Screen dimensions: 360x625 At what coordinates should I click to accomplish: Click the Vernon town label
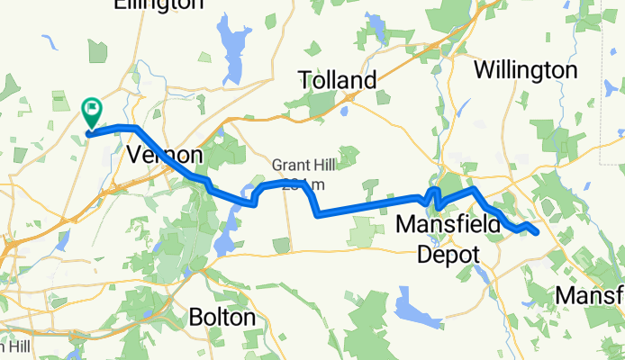point(165,155)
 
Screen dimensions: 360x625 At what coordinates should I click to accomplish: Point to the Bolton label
point(222,318)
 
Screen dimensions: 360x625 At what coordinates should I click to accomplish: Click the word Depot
point(448,254)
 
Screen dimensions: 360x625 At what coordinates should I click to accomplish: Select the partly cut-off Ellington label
point(159,5)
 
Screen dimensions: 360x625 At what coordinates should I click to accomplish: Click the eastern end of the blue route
point(537,233)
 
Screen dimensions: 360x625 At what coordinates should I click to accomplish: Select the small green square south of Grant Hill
point(282,245)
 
